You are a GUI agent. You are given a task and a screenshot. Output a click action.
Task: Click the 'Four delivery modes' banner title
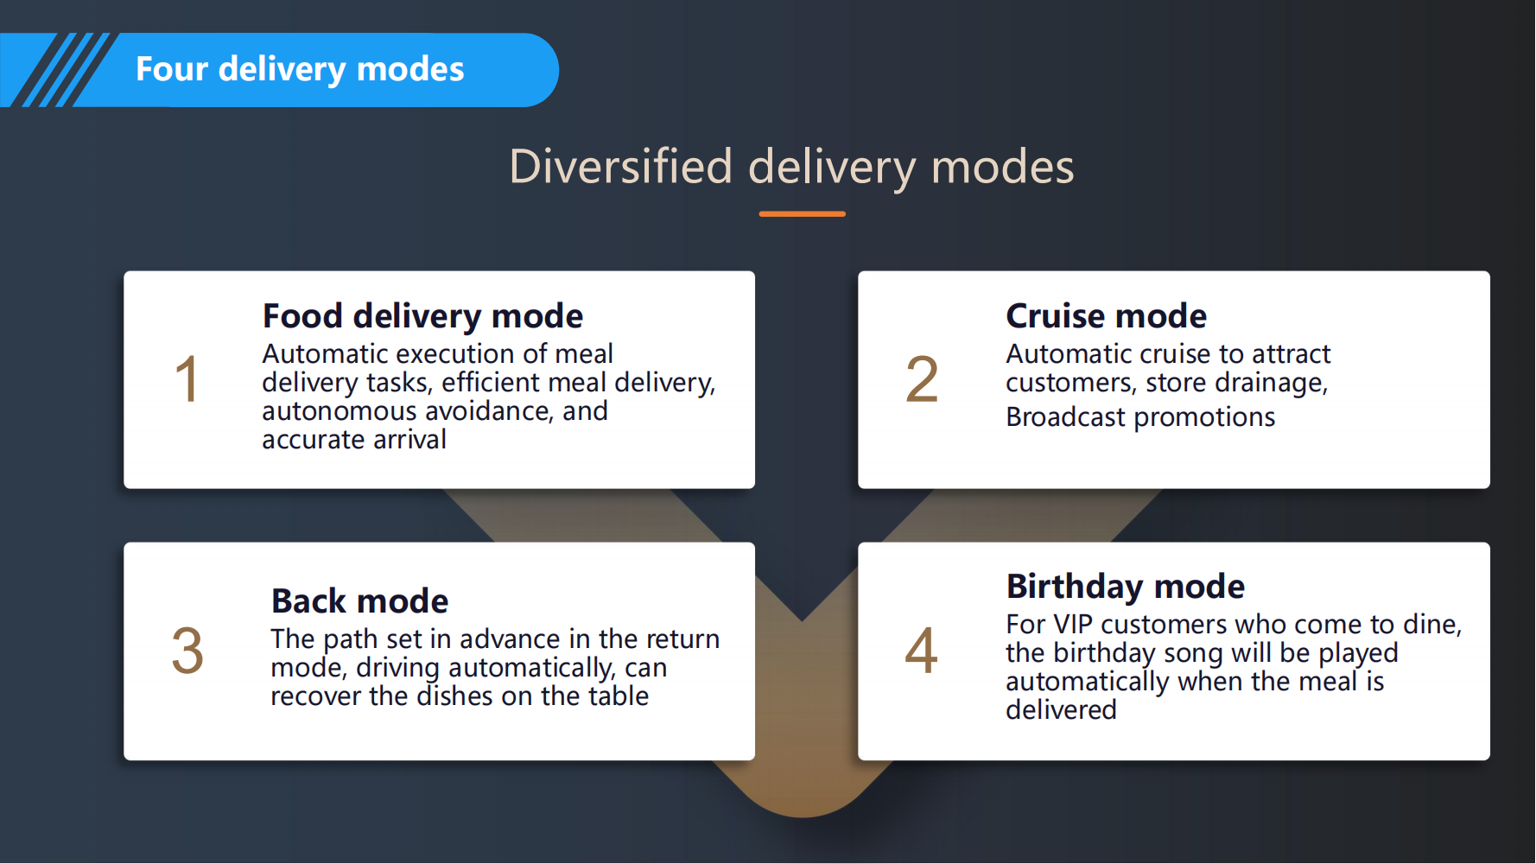coord(300,69)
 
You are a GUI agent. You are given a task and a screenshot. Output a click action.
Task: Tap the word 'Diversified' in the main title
coord(620,166)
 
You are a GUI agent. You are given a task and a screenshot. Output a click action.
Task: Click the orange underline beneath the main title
coord(802,213)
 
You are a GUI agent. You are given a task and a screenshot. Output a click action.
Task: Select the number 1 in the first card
coord(187,379)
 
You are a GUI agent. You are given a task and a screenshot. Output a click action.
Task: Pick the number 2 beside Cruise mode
coord(922,379)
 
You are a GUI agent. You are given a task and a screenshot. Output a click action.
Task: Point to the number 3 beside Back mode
coord(187,651)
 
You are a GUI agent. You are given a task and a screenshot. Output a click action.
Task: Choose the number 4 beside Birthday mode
coord(921,651)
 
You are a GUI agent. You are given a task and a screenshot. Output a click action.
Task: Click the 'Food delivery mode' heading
coord(422,316)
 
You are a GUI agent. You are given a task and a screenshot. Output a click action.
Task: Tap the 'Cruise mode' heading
coord(1106,316)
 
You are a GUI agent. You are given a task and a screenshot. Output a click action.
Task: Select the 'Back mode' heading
coord(359,601)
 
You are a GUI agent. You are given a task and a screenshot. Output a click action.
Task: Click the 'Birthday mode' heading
coord(1126,587)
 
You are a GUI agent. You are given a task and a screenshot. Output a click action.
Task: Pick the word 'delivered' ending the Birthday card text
coord(1061,710)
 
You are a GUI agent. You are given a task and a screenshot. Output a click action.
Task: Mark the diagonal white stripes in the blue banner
coord(59,70)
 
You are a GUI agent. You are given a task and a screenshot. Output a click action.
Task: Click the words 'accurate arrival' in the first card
coord(354,440)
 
